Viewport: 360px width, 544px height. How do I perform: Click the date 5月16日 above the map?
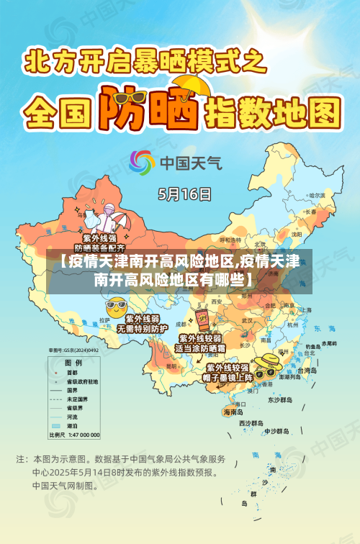185,194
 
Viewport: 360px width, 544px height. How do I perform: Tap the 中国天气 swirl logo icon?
142,163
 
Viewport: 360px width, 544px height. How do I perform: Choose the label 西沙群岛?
253,424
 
